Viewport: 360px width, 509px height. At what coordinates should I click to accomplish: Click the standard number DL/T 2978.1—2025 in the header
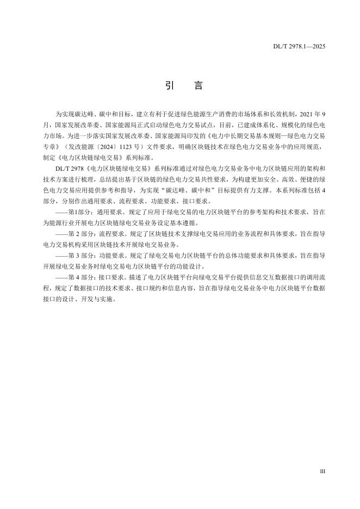click(299, 47)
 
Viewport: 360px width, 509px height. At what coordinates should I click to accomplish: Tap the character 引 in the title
click(168, 86)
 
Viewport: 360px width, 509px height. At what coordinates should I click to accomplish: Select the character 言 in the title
click(196, 86)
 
